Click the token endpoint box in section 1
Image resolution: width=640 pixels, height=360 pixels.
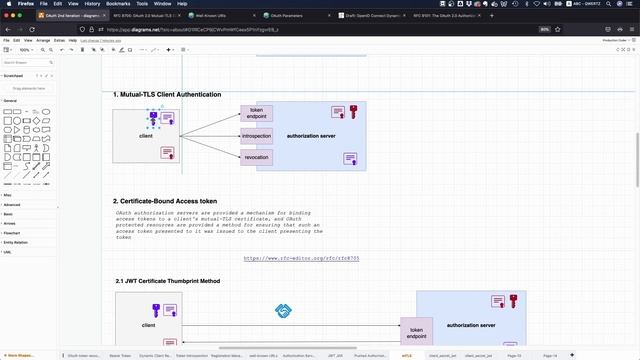(x=256, y=114)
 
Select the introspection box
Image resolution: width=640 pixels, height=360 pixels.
(x=256, y=135)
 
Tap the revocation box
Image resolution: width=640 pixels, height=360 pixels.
(x=256, y=156)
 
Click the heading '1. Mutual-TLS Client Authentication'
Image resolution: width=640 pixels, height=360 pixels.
(x=167, y=94)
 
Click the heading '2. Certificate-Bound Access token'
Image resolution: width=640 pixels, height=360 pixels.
(x=165, y=201)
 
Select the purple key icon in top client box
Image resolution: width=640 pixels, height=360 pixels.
(x=153, y=118)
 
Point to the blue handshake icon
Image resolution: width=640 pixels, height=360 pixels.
(x=282, y=311)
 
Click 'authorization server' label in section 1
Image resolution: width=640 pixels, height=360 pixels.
(x=310, y=135)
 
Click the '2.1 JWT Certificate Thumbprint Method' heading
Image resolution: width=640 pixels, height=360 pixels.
(x=168, y=281)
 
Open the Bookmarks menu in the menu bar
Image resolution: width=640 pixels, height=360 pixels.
(x=118, y=4)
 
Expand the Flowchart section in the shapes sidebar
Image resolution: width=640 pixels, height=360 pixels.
(x=12, y=232)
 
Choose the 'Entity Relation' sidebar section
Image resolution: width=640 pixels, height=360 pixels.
(x=15, y=242)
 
